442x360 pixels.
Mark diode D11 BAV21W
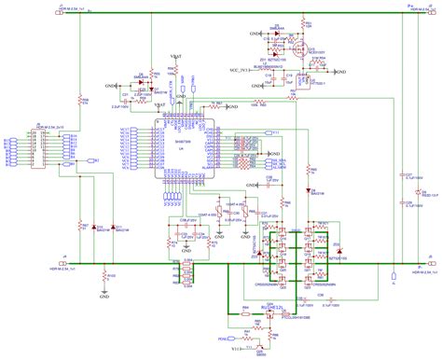[145, 83]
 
